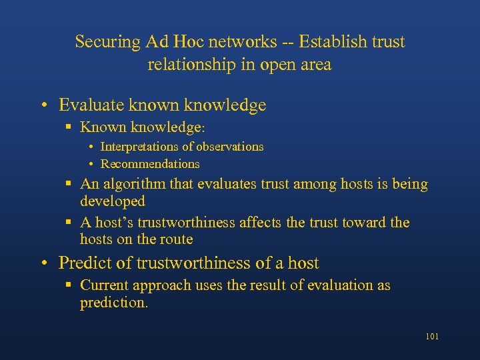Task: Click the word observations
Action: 229,147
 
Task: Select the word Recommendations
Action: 150,164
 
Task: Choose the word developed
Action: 112,201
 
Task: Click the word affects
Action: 259,223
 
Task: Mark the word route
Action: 175,239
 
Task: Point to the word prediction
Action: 113,303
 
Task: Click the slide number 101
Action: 431,337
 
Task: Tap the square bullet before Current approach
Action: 69,285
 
